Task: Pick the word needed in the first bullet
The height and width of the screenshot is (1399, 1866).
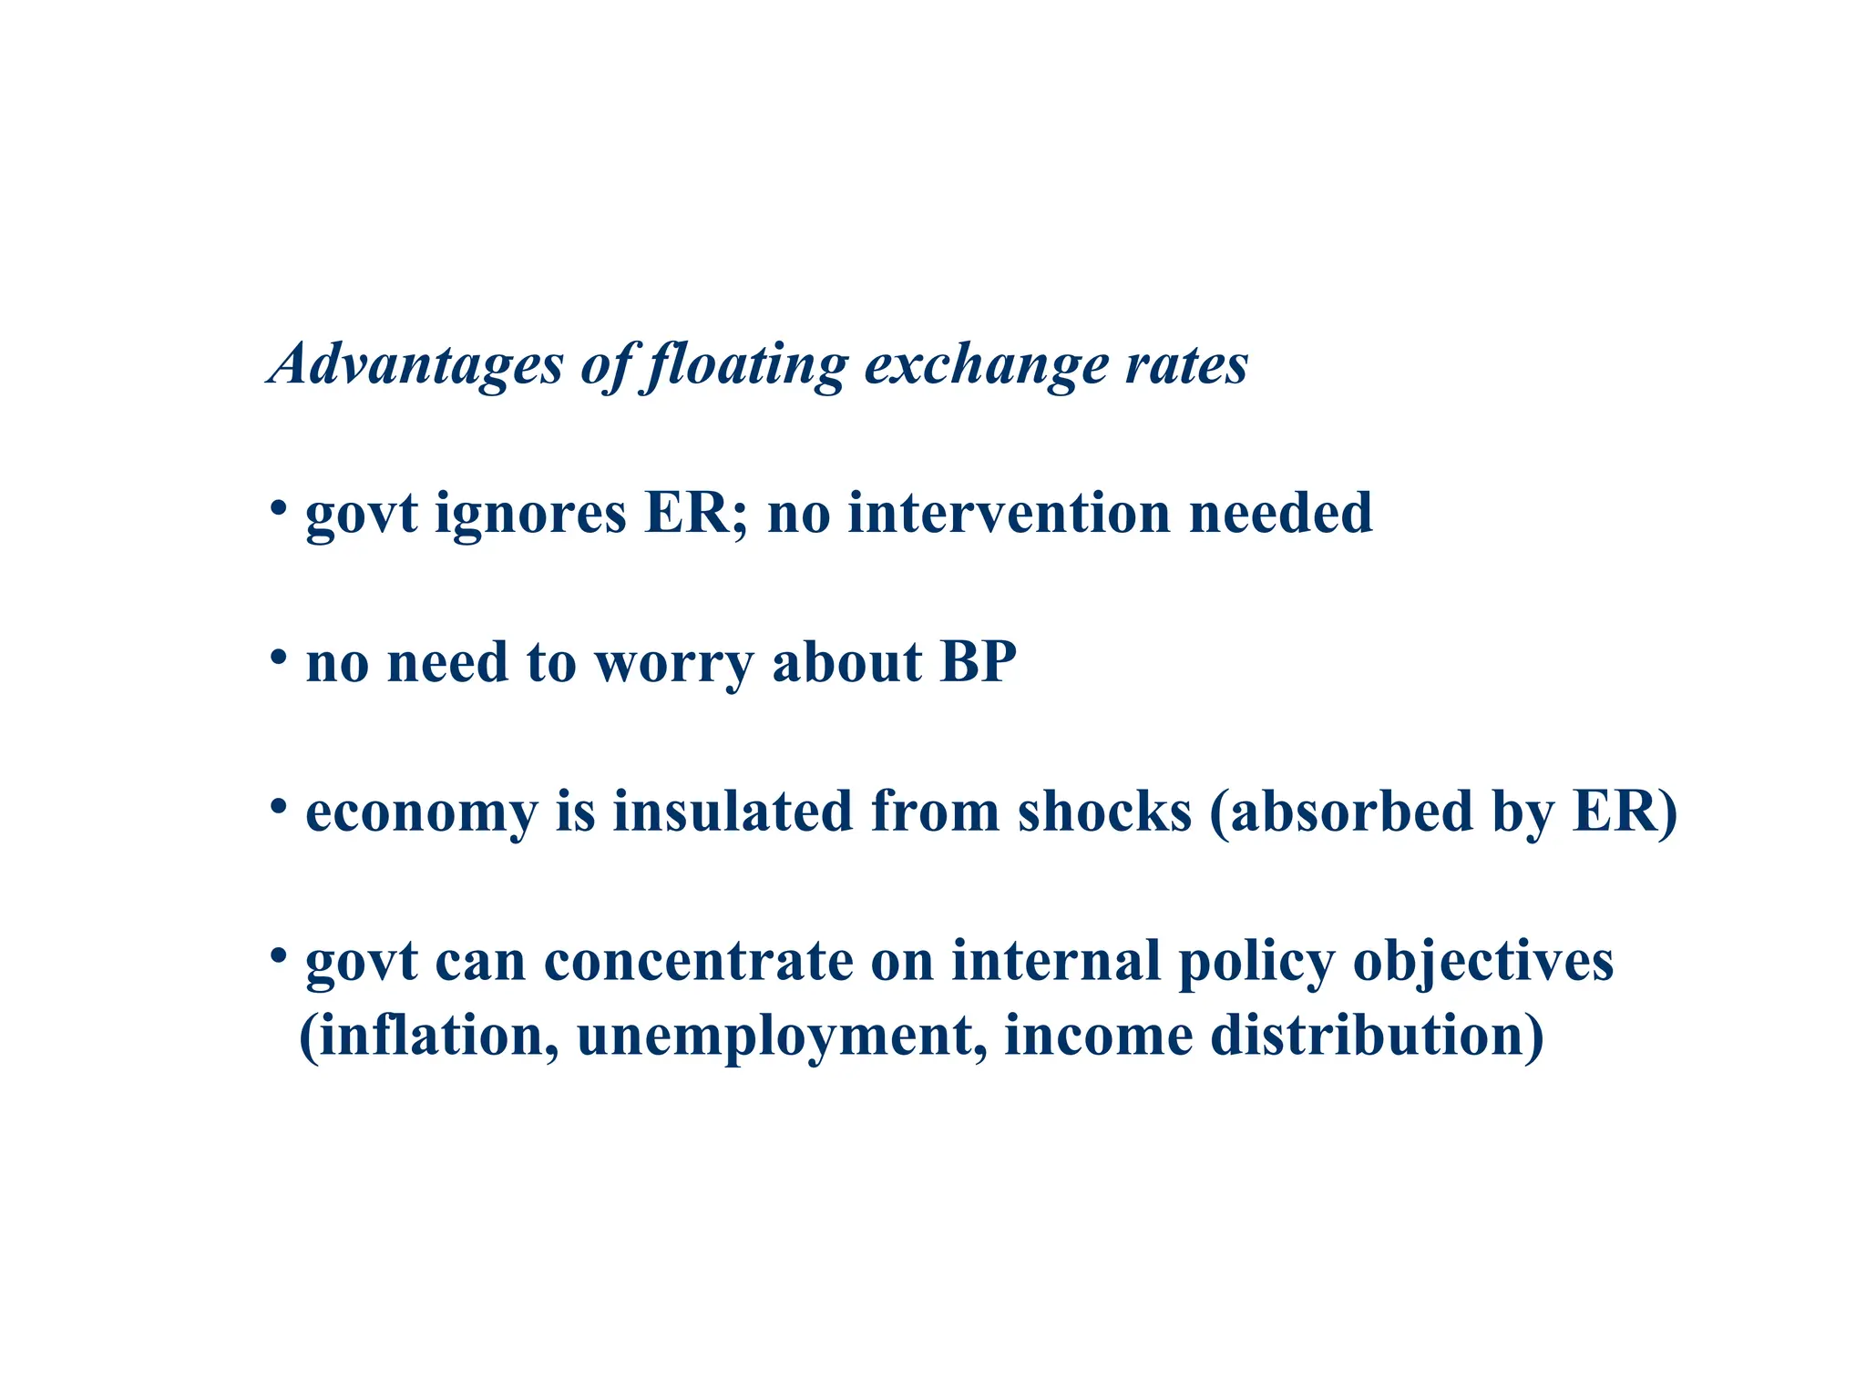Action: click(x=1280, y=512)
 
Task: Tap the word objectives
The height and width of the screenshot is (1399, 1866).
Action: click(x=1483, y=962)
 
